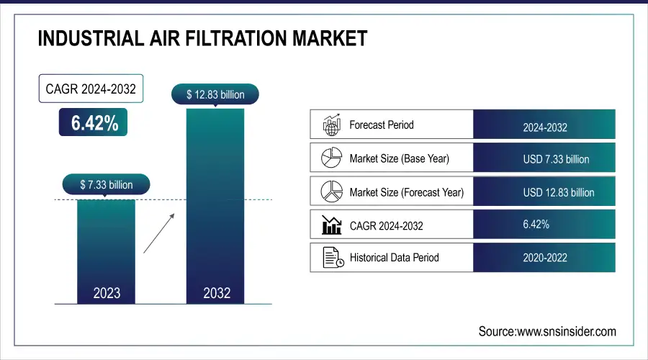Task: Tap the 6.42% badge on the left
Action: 94,123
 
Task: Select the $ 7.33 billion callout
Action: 106,185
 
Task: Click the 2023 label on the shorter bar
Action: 107,293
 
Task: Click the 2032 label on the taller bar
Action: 217,293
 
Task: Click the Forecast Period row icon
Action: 330,125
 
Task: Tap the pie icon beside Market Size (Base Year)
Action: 330,158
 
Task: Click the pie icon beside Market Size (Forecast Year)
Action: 330,192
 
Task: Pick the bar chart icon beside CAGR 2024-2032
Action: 330,225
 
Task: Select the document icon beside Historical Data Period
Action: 330,257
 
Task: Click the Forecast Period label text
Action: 382,125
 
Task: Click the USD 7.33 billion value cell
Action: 544,159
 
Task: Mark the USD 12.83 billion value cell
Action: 544,192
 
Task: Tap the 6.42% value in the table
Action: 536,225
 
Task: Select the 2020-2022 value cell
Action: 544,258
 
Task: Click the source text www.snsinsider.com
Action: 547,331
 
